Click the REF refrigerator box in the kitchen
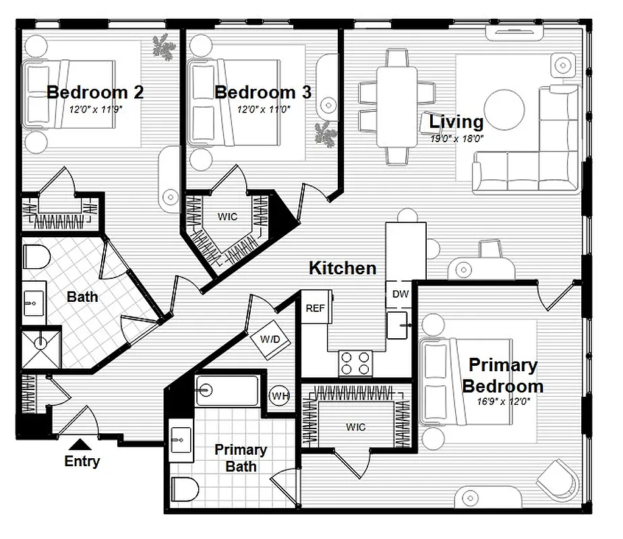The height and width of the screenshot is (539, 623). point(314,308)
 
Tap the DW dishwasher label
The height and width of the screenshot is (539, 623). point(400,294)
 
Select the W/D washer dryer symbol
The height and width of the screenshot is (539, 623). point(270,340)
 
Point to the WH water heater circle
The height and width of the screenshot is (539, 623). point(280,395)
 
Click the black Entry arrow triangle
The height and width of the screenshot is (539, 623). point(82,443)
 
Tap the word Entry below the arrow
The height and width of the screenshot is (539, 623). point(82,462)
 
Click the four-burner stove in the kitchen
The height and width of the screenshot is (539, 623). point(356,362)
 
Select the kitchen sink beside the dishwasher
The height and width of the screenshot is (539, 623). point(399,325)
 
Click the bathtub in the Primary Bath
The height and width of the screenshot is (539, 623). point(227,391)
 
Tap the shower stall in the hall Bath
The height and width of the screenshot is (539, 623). point(42,348)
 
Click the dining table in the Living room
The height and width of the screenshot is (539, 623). point(396,106)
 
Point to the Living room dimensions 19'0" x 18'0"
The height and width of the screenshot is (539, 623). point(456,138)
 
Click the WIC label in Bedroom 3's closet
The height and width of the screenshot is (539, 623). point(227,217)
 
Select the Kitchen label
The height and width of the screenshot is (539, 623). point(343,268)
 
